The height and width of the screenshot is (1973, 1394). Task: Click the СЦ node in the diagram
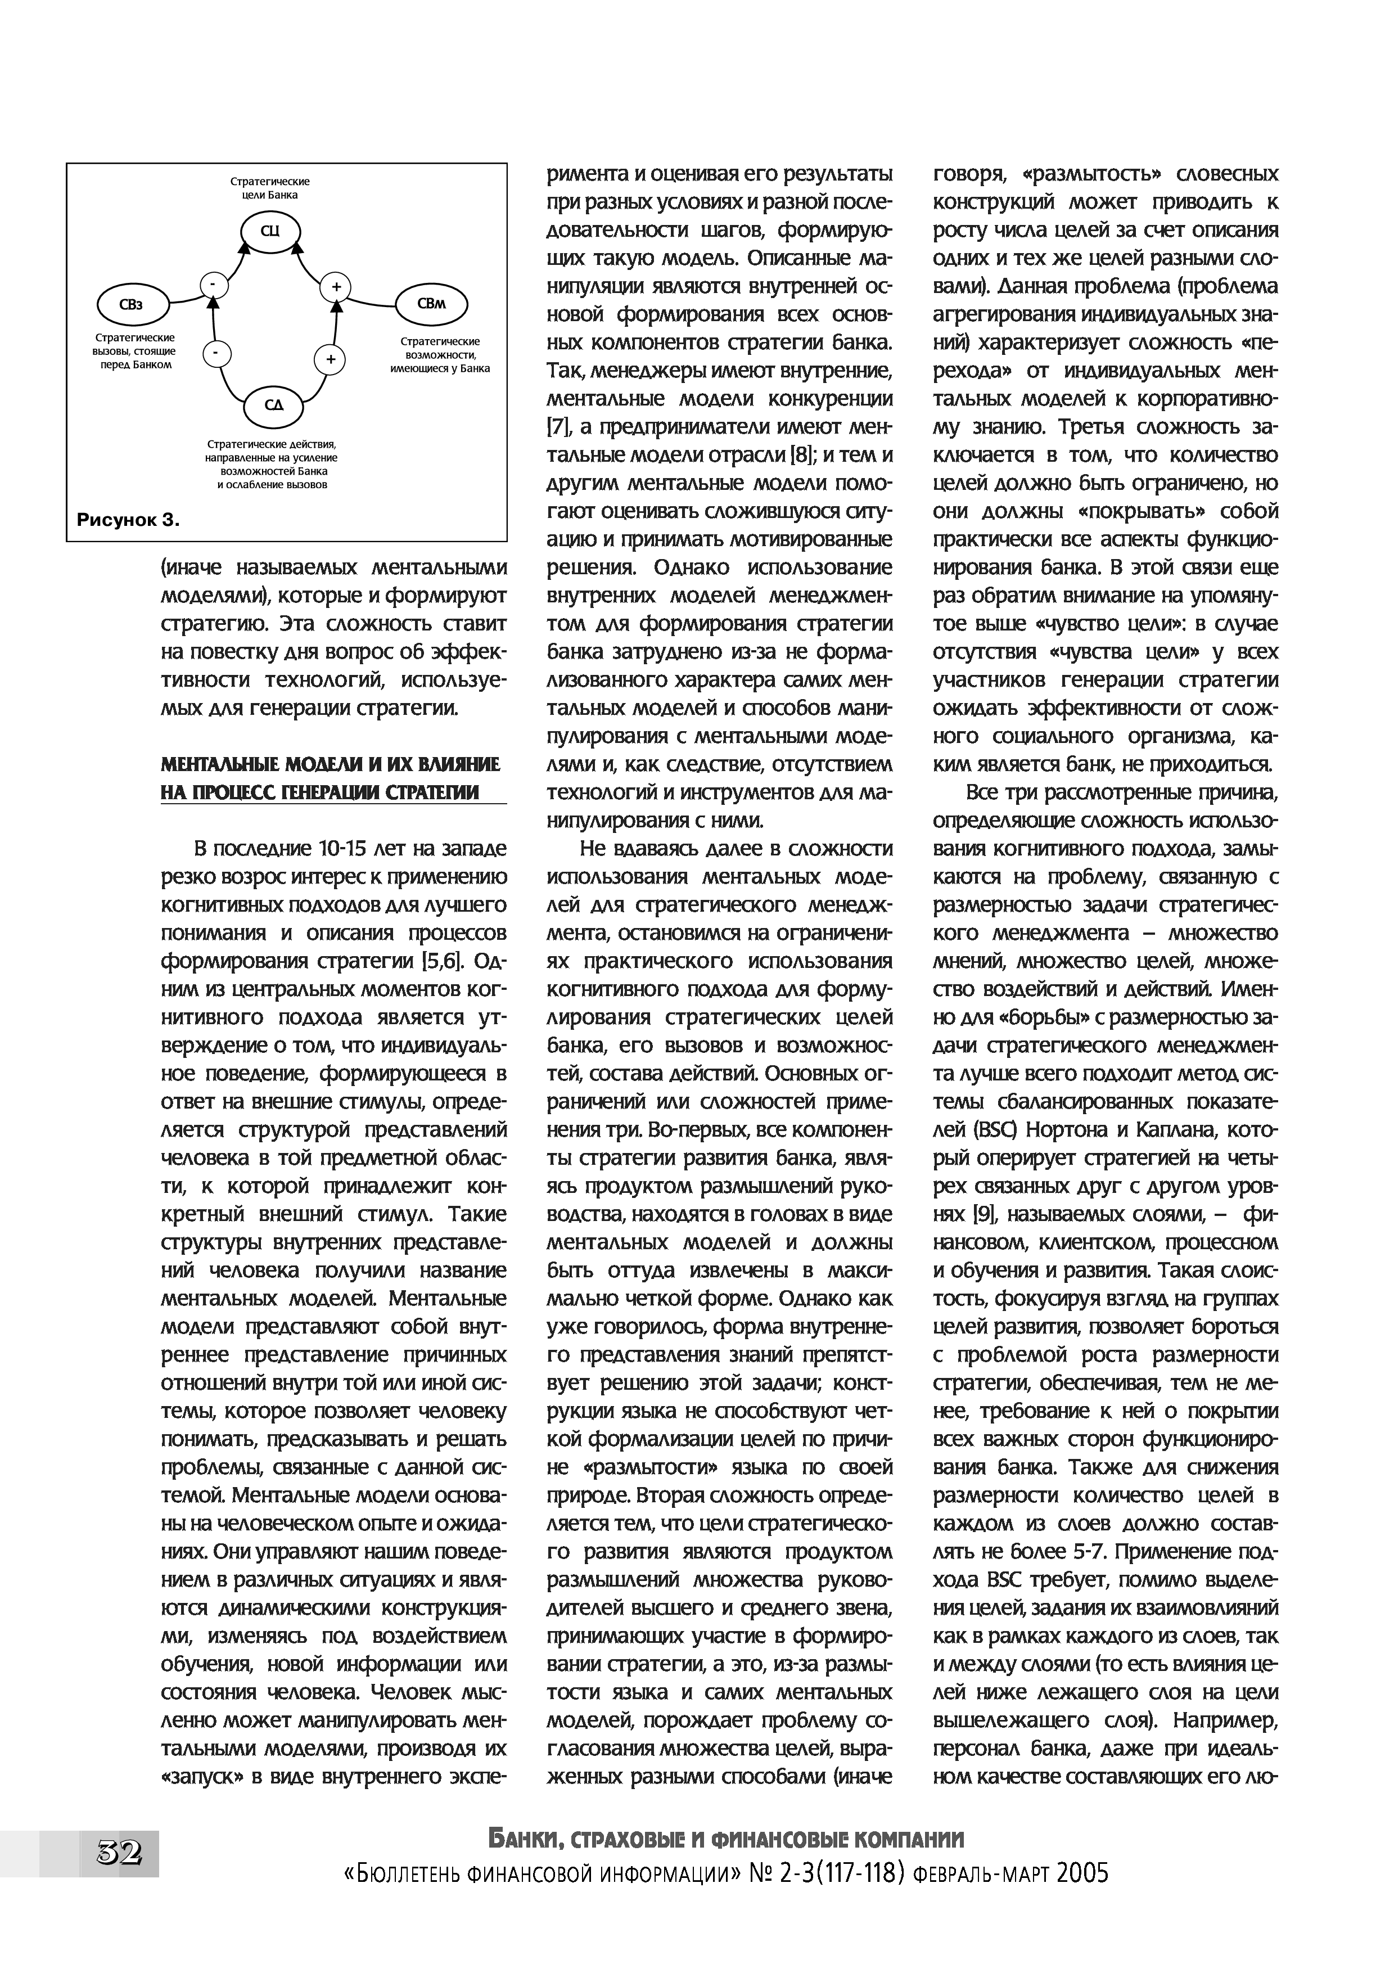[x=270, y=229]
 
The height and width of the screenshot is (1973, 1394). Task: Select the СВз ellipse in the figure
[x=132, y=303]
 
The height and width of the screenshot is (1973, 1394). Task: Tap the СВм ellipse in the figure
[x=431, y=303]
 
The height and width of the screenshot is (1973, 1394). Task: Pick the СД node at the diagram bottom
[x=274, y=406]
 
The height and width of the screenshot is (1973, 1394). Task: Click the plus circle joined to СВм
[x=336, y=287]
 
